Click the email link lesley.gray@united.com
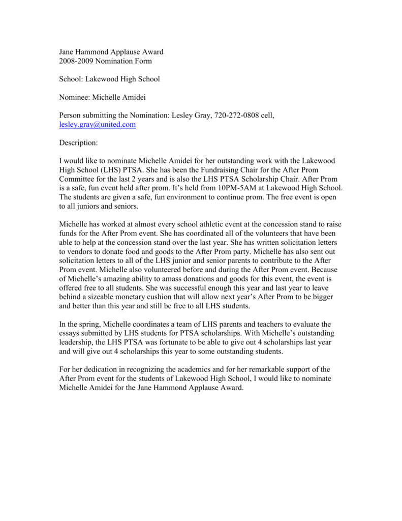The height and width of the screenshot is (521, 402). [97, 125]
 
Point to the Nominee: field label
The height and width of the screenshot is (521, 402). [75, 97]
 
